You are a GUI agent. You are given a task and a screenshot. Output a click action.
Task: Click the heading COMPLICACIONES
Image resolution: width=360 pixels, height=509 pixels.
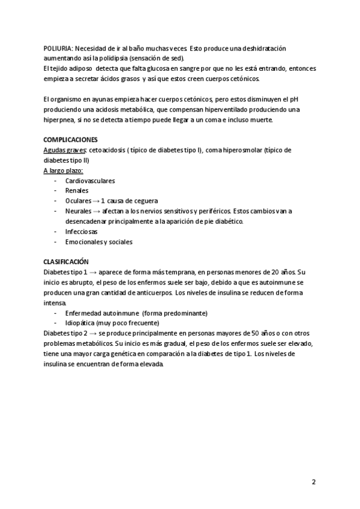[x=70, y=140]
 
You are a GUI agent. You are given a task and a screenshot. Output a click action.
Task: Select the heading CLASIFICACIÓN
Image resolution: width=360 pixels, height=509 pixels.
[x=66, y=262]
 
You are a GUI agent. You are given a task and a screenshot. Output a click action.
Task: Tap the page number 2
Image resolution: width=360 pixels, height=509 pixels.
[x=314, y=483]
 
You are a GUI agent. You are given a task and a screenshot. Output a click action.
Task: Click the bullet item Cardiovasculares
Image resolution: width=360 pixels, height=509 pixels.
[x=90, y=181]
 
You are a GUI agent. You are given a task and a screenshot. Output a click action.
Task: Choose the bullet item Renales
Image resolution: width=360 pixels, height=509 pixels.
[x=76, y=191]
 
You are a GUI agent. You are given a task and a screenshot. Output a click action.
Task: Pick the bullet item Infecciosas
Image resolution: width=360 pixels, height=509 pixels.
[x=81, y=232]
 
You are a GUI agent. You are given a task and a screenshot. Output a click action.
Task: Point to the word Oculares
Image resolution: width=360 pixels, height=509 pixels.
[x=77, y=201]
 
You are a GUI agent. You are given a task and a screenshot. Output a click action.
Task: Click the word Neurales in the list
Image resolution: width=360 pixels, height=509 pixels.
[x=77, y=211]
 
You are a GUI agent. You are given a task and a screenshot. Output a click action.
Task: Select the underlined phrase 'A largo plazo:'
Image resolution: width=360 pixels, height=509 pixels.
[x=64, y=170]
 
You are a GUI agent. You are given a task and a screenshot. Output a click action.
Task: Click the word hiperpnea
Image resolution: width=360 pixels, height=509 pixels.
[x=60, y=120]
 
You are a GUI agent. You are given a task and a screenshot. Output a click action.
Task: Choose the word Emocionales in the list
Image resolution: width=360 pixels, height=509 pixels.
[x=84, y=242]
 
